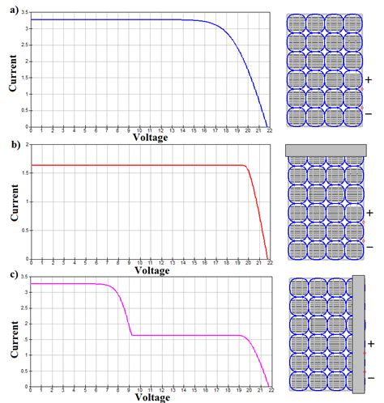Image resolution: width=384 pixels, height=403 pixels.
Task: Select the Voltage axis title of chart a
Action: tap(150, 138)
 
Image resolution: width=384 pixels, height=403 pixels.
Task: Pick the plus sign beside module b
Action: tap(369, 212)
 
